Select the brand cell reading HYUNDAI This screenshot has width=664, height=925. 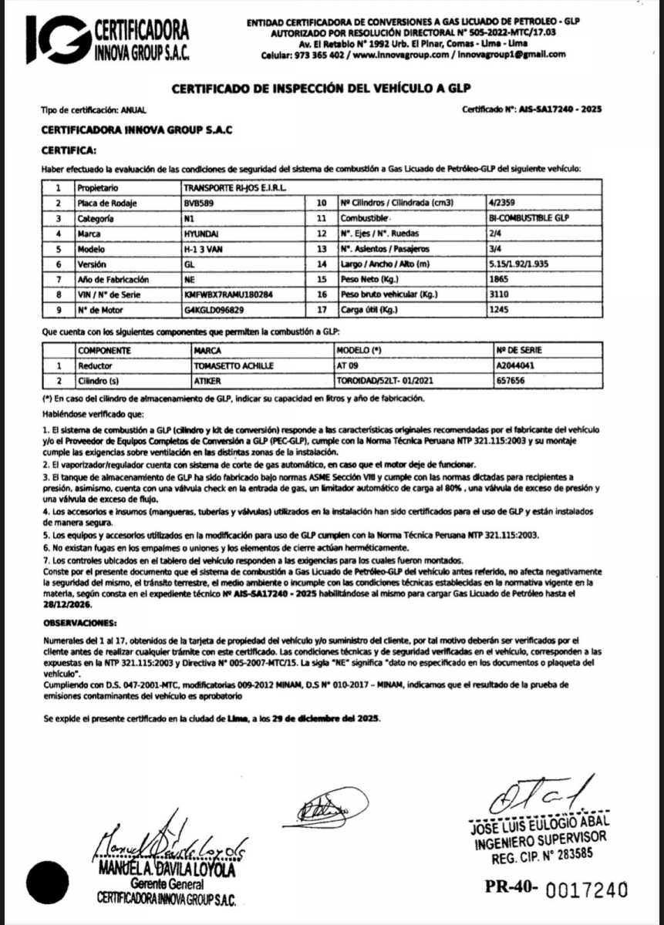tap(201, 234)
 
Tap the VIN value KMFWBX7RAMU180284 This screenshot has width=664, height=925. tap(230, 294)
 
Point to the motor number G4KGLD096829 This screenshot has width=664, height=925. tap(214, 310)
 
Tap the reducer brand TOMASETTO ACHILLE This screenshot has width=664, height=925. tap(232, 365)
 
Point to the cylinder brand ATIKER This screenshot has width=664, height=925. tap(204, 380)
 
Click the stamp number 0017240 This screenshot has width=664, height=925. tap(587, 890)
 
